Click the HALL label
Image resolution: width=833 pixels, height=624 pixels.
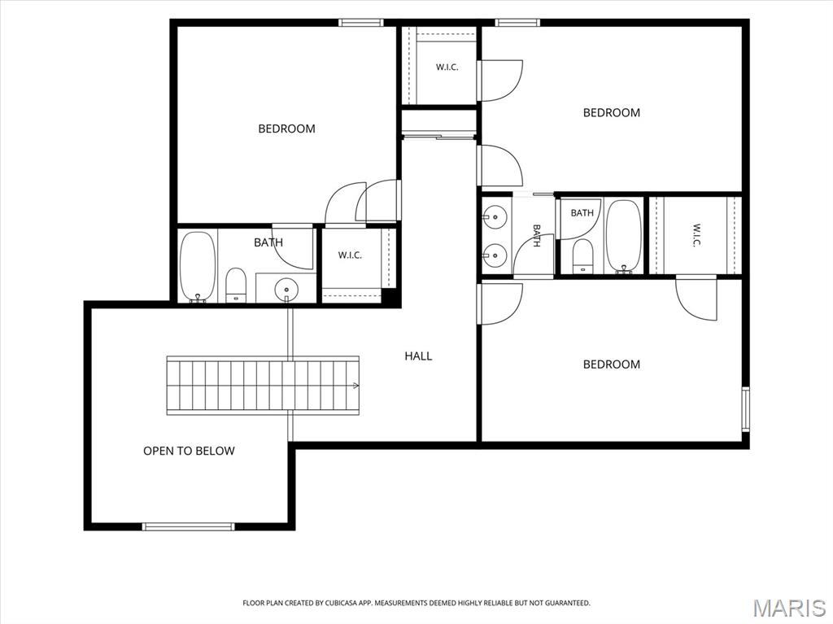point(418,356)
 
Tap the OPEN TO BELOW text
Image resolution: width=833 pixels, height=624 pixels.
point(189,451)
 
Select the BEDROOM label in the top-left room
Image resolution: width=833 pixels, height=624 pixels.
point(286,129)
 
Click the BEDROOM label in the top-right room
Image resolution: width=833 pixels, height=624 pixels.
point(612,113)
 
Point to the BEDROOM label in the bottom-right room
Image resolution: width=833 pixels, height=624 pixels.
point(612,364)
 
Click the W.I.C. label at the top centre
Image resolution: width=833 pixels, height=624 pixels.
point(447,68)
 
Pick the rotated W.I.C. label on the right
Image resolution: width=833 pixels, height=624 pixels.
point(696,235)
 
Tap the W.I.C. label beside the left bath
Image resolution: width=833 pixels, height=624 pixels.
point(350,255)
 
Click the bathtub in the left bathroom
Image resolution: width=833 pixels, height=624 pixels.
point(198,268)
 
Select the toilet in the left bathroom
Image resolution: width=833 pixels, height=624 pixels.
point(236,286)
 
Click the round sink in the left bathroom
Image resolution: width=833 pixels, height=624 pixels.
point(286,289)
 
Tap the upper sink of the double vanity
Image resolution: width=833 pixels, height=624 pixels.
point(495,217)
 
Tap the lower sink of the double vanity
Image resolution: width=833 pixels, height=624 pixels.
point(495,255)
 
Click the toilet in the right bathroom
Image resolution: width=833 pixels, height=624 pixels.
point(582,256)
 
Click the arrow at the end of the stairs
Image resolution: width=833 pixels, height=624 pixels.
point(355,386)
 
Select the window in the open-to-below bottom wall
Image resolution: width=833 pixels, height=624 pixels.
point(188,526)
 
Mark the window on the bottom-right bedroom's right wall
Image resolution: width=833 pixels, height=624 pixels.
point(745,409)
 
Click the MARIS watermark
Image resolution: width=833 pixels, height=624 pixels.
point(789,608)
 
